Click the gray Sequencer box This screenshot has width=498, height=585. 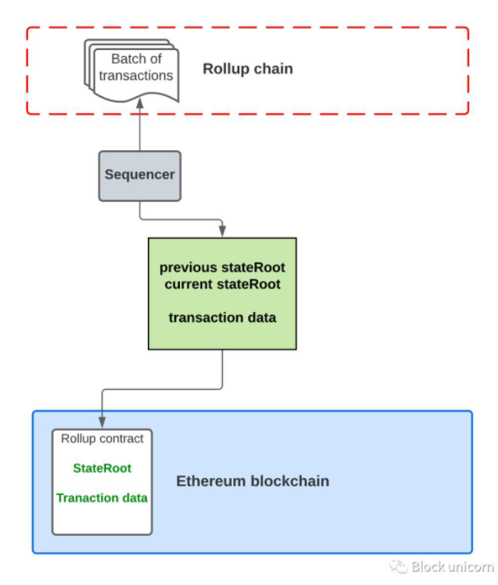coord(140,176)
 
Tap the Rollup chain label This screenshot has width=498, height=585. coord(247,69)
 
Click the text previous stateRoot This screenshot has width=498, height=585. coord(222,267)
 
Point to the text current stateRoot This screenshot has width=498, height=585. coord(222,284)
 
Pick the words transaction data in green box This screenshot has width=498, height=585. coord(222,318)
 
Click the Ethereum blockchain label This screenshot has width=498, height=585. coord(252,481)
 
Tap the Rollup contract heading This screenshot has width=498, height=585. coord(102,439)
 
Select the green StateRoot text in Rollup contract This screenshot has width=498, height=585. coord(102,468)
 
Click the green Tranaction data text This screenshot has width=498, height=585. coord(102,497)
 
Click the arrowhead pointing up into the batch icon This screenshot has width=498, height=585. coord(140,104)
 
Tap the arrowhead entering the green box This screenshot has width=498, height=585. coord(222,233)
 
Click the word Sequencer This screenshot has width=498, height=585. coord(140,176)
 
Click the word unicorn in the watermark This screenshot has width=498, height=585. coord(469,567)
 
